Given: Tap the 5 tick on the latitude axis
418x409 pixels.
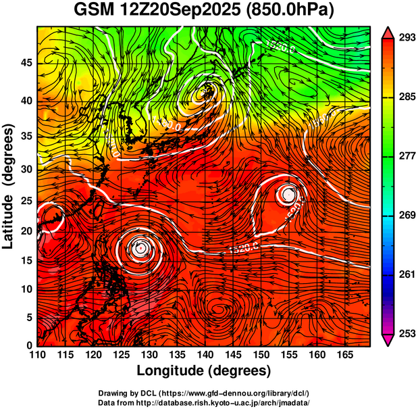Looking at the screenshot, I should tap(28, 317).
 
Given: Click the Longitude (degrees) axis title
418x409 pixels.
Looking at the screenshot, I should tap(204, 370).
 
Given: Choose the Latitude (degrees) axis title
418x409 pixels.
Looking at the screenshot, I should tap(9, 186).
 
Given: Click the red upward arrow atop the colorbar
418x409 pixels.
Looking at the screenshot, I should tap(388, 31).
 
